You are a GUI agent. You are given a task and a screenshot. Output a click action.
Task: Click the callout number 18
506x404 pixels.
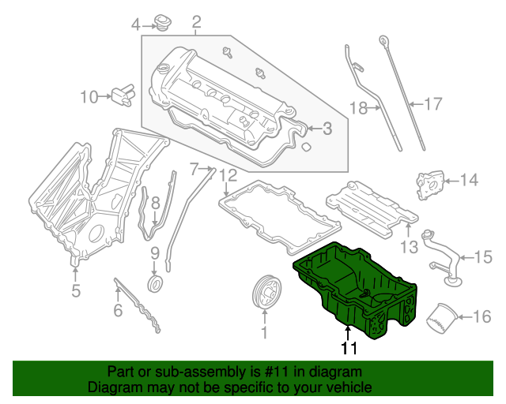click(x=358, y=109)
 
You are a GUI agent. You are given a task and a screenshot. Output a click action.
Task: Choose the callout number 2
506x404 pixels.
click(x=196, y=21)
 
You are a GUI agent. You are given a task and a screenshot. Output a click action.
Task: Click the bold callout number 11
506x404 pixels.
click(x=349, y=348)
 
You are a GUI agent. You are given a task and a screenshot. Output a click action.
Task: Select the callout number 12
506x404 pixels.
click(x=228, y=174)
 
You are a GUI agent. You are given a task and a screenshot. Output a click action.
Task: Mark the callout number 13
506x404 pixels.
click(x=408, y=248)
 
